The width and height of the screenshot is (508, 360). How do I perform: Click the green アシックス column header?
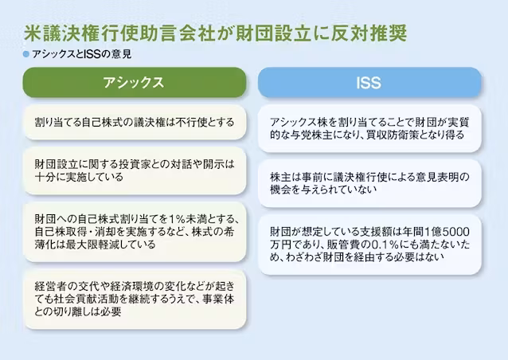point(135,82)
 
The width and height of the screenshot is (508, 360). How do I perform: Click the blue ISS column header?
point(369,82)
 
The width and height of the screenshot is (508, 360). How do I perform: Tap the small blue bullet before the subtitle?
point(26,54)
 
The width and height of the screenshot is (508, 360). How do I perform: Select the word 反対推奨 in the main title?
point(369,33)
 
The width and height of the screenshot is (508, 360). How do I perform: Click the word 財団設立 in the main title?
point(273,33)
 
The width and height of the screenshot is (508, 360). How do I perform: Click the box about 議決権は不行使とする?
point(135,122)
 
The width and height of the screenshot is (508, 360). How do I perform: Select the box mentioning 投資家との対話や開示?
point(135,170)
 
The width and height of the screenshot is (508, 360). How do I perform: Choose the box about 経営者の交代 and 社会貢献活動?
point(135,299)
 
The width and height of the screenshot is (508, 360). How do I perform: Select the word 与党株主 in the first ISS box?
point(312,135)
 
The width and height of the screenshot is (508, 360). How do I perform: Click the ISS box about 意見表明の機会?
point(369,183)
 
